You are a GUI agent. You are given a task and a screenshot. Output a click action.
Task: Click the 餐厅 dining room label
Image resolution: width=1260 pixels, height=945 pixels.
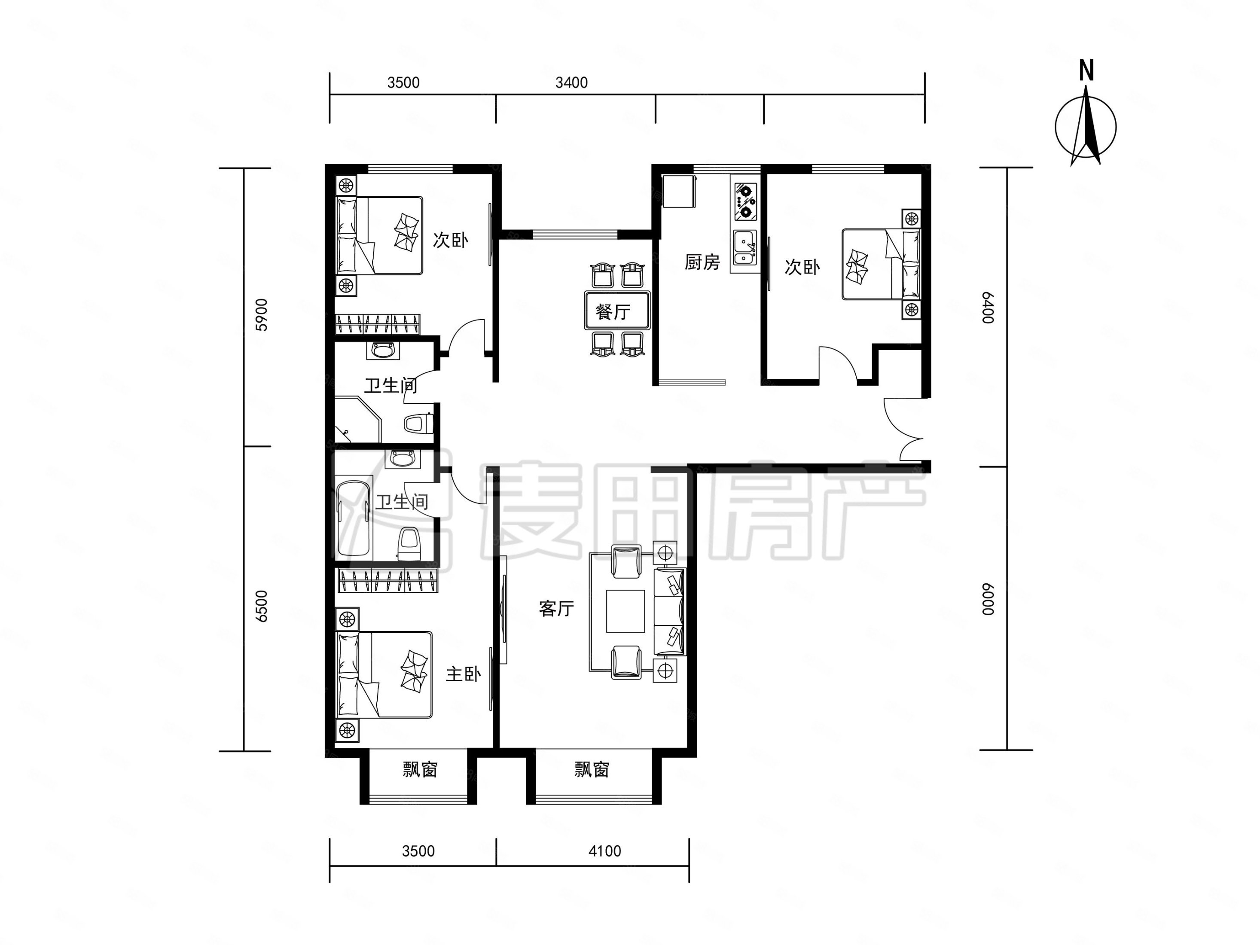point(613,311)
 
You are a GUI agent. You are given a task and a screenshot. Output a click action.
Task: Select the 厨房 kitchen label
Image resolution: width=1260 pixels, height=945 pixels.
point(702,262)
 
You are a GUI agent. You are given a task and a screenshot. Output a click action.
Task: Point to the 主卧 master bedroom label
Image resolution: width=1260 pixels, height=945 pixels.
point(463,674)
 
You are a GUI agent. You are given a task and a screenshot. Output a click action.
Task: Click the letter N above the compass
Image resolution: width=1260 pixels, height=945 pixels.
point(1086,70)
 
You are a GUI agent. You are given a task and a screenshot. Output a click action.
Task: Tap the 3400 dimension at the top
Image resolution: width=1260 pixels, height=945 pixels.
point(571,82)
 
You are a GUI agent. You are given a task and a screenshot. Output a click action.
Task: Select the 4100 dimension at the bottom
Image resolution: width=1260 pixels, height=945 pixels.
point(604,851)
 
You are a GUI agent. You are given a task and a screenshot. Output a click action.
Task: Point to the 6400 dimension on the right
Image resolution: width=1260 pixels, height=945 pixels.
point(988,308)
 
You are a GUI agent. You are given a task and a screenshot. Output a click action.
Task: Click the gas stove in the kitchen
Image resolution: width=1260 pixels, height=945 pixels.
point(745,201)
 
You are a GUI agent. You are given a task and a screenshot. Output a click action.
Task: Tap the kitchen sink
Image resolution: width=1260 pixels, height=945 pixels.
point(745,248)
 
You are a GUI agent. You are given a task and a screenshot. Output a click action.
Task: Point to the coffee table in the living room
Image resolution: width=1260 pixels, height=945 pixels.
point(625,611)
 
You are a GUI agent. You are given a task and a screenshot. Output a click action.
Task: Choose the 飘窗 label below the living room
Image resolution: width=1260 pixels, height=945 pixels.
point(592,770)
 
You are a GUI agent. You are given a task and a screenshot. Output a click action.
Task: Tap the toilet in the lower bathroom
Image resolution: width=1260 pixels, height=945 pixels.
point(409,544)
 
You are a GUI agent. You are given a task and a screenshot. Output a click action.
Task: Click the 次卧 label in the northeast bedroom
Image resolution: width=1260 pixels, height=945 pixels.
point(802,267)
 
